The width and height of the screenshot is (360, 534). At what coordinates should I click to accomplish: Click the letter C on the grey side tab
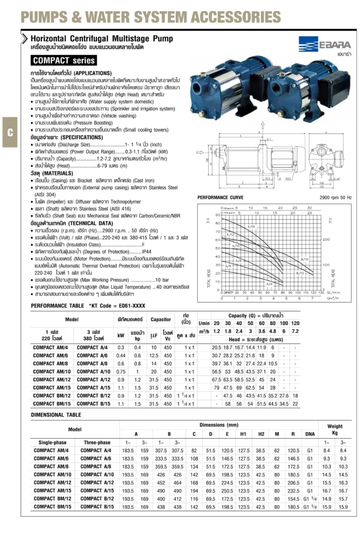pyautogui.click(x=9, y=132)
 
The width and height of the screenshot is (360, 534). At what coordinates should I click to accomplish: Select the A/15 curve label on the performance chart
pyautogui.click(x=250, y=227)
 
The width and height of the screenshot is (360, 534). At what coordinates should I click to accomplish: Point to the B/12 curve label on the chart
pyautogui.click(x=300, y=273)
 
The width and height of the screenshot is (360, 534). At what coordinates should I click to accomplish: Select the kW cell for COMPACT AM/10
pyautogui.click(x=121, y=371)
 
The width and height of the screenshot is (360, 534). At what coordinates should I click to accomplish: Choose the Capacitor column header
pyautogui.click(x=161, y=320)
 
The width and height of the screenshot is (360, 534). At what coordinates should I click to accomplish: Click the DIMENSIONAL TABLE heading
pyautogui.click(x=56, y=415)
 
